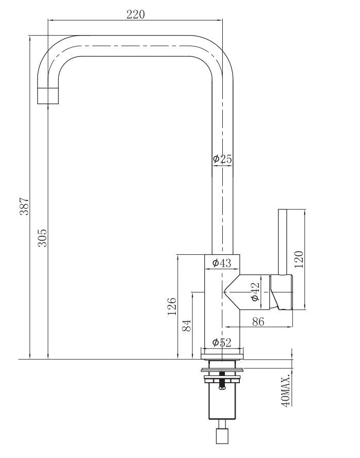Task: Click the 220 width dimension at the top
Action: (136, 14)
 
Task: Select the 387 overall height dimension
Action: (24, 206)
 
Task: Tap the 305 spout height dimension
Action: (43, 237)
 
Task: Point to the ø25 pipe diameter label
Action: (222, 159)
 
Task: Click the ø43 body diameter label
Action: (222, 263)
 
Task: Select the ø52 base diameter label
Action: (222, 341)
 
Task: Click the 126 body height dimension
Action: (172, 305)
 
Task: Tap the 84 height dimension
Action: (187, 325)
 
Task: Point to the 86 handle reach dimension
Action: (258, 321)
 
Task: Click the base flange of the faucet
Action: (222, 353)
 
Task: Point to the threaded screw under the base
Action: (222, 385)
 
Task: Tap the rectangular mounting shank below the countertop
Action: (222, 405)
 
